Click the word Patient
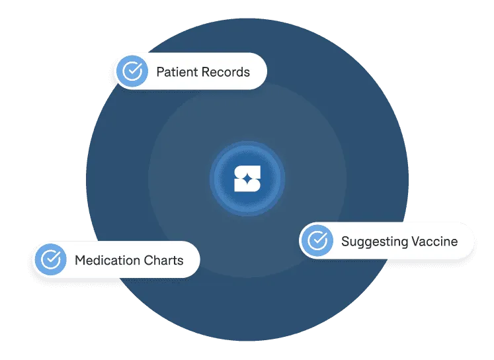(x=177, y=71)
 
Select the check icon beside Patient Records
(x=133, y=71)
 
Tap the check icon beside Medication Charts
(x=51, y=259)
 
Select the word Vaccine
(x=434, y=241)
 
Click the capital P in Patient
(x=160, y=71)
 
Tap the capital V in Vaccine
(x=416, y=241)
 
